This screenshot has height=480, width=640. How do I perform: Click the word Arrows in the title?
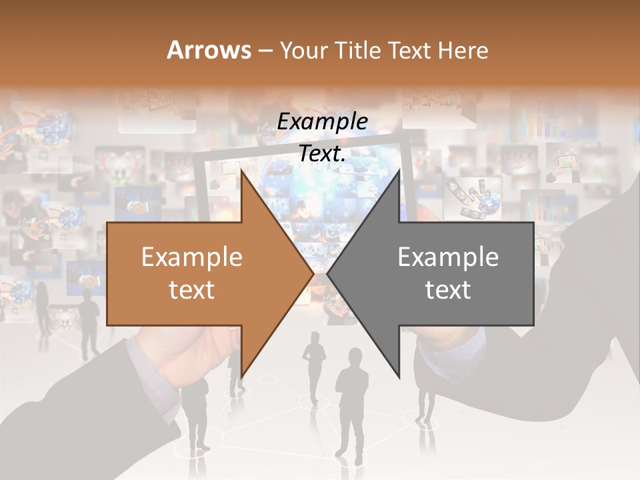pyautogui.click(x=208, y=50)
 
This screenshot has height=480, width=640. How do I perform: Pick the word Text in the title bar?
pyautogui.click(x=411, y=51)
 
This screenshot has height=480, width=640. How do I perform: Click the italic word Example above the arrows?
pyautogui.click(x=322, y=122)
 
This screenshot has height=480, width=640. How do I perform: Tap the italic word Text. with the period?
pyautogui.click(x=322, y=153)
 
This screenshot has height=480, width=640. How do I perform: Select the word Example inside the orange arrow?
pyautogui.click(x=192, y=257)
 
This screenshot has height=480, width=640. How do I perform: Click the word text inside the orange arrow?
pyautogui.click(x=192, y=290)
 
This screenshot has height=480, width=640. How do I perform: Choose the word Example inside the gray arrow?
pyautogui.click(x=448, y=257)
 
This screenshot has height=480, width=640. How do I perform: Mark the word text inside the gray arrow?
pyautogui.click(x=448, y=290)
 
